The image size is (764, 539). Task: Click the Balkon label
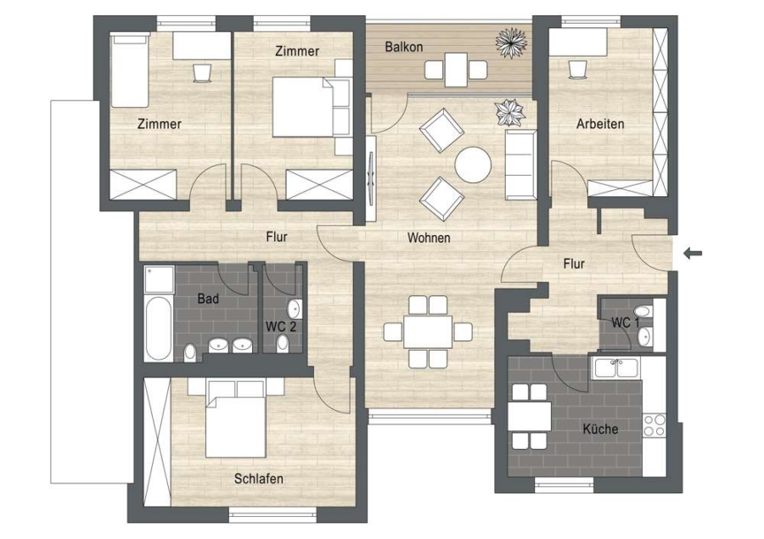[403, 47]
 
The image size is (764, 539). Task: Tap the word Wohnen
[429, 238]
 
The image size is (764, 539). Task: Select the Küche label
[600, 429]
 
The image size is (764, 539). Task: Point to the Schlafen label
[259, 479]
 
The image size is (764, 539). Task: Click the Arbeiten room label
[600, 124]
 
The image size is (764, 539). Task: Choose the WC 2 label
[281, 326]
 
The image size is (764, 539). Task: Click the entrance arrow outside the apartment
[693, 253]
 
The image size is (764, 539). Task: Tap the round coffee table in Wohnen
[473, 165]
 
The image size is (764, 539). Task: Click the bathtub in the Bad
[158, 328]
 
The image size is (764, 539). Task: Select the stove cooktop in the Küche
[654, 425]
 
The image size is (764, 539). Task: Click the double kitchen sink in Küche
[616, 368]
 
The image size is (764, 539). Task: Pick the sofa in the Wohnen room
[520, 164]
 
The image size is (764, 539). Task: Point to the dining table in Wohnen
[427, 331]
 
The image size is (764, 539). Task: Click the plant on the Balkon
[512, 43]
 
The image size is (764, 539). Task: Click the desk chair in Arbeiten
[578, 70]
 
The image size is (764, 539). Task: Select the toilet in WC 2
[282, 343]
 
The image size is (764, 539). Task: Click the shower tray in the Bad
[159, 278]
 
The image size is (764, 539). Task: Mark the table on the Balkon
[456, 70]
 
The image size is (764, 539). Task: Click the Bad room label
[208, 298]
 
